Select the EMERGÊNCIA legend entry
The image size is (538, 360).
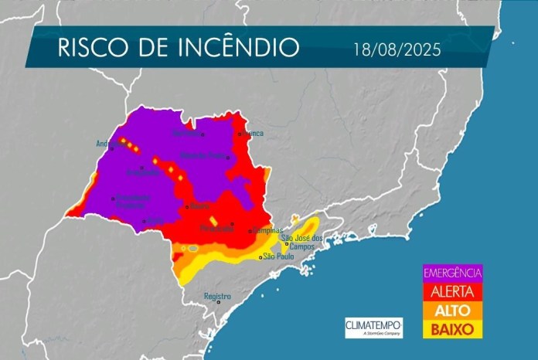pos(453,272)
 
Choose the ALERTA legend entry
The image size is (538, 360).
pos(453,290)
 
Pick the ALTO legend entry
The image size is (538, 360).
pos(453,310)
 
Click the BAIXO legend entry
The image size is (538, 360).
pos(453,329)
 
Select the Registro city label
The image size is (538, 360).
pos(217,296)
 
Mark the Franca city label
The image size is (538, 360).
pos(254,134)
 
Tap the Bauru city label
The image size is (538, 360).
pos(200,206)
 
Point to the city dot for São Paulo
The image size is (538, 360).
pos(260,256)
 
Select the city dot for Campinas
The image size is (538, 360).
pos(249,231)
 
